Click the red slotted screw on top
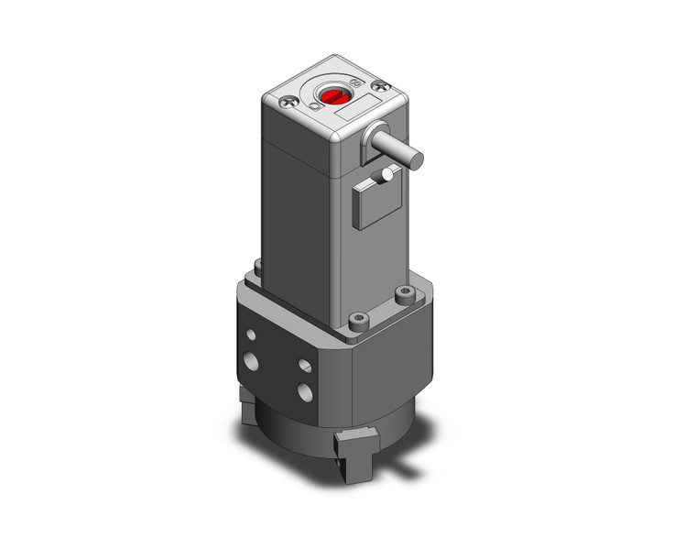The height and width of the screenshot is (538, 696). pos(332,95)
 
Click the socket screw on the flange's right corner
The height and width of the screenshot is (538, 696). pos(403,293)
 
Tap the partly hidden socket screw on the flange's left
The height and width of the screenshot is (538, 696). pos(258,267)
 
